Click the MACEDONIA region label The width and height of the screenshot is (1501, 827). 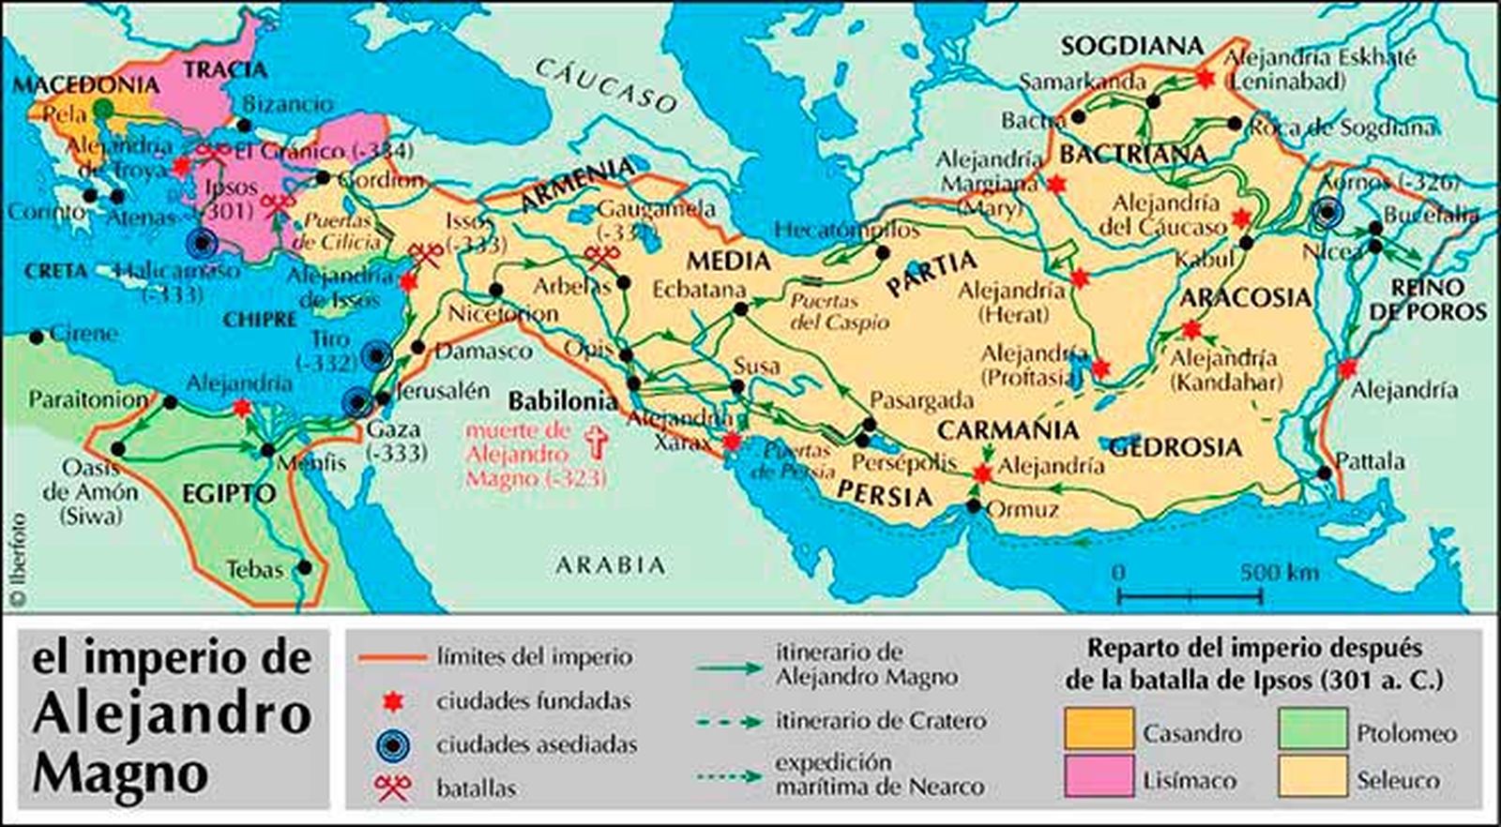point(84,85)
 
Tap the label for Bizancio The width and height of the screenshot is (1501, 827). point(287,104)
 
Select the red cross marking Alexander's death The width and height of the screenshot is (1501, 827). point(596,442)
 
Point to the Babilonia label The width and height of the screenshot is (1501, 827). point(563,401)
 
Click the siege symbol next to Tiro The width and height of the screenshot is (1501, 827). point(377,355)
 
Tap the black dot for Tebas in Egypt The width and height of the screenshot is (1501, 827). point(305,567)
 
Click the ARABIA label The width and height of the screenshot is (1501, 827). point(610,565)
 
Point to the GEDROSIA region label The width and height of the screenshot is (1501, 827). point(1175,447)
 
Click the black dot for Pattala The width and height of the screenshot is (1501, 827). point(1324,473)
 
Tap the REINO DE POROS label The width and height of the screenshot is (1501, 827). point(1428,299)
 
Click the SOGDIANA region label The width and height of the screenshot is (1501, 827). point(1131,46)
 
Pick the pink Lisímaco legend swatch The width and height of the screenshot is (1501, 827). point(1098,777)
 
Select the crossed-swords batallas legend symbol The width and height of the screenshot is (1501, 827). point(392,787)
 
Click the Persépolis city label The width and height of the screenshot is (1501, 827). point(903,463)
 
